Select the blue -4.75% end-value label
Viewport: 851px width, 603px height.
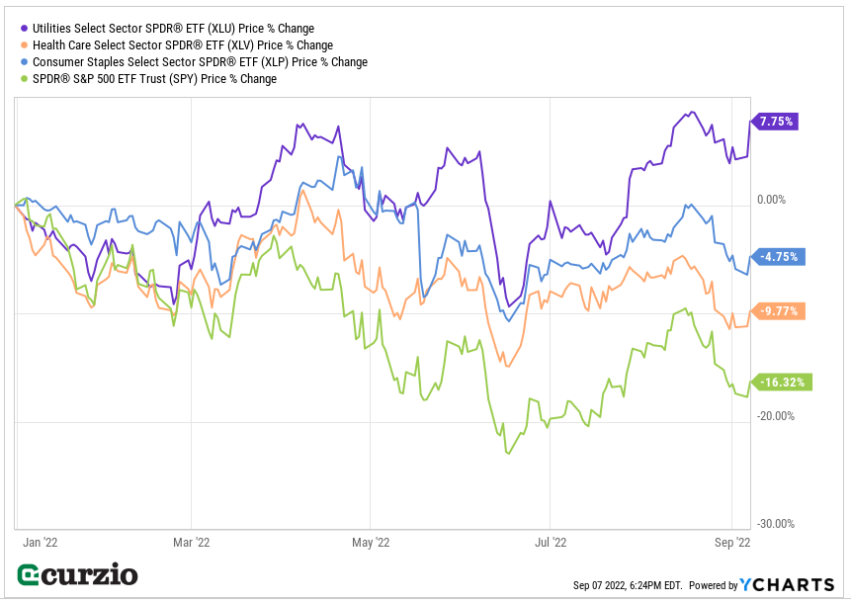tap(780, 257)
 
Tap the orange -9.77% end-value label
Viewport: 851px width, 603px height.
tap(780, 310)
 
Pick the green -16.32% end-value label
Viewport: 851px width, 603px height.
tap(783, 382)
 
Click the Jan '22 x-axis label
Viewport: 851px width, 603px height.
tap(38, 542)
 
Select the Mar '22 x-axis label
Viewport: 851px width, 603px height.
tap(191, 542)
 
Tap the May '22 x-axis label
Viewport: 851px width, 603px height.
tap(370, 542)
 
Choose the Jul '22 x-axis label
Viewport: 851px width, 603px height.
tap(550, 542)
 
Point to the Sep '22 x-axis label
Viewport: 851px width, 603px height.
tap(731, 542)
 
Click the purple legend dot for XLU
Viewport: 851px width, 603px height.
tap(24, 29)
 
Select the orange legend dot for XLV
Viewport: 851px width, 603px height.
tap(24, 45)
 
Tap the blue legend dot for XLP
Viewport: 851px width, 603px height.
tap(24, 62)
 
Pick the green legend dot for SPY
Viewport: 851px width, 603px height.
tap(24, 79)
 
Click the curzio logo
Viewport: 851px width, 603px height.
tap(78, 575)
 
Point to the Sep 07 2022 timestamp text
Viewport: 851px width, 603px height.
tap(627, 586)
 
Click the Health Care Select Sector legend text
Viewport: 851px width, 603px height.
tap(182, 45)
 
